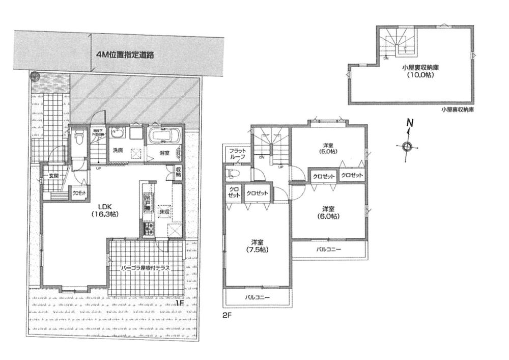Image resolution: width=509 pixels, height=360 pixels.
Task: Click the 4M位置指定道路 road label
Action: coord(125,54)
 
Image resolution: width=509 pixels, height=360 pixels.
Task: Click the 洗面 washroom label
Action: coord(118,150)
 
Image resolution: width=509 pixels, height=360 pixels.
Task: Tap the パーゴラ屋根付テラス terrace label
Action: coord(145,267)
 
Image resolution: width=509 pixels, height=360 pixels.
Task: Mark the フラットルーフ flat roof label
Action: coord(237,154)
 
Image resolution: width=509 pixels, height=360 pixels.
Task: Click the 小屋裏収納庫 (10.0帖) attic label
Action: coord(416,71)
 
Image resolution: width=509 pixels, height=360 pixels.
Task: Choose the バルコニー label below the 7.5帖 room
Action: coord(257,296)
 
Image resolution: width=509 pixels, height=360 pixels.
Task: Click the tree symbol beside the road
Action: coord(34,77)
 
